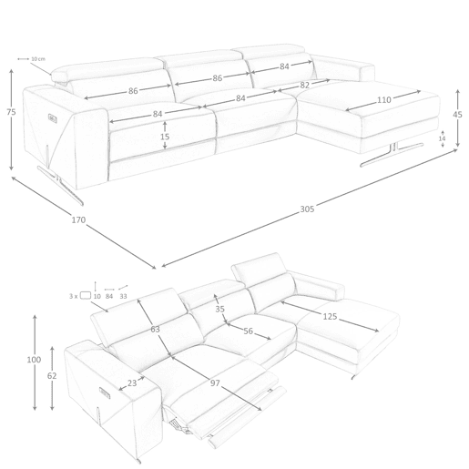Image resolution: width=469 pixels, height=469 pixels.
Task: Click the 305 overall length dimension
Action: click(x=307, y=209)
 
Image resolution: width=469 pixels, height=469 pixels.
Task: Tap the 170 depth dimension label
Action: click(x=78, y=219)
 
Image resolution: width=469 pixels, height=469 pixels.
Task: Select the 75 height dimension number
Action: click(x=11, y=112)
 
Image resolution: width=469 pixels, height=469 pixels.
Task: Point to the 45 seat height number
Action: click(x=457, y=115)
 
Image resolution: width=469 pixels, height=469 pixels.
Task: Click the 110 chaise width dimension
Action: click(x=384, y=99)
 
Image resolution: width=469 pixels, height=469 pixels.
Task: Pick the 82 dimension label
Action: click(x=304, y=86)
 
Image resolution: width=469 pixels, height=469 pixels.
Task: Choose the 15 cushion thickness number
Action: click(x=165, y=137)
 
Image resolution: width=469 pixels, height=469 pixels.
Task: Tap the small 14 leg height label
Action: click(x=442, y=138)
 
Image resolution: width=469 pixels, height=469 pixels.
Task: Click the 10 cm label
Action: click(x=38, y=59)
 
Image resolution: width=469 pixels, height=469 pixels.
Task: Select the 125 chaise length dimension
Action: click(x=330, y=317)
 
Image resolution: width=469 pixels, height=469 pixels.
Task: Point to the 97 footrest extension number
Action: click(x=215, y=383)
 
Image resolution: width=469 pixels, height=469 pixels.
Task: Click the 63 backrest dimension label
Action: click(x=155, y=329)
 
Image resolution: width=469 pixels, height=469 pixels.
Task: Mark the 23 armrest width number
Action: click(x=132, y=383)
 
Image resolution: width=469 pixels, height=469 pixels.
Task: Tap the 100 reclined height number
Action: click(x=34, y=360)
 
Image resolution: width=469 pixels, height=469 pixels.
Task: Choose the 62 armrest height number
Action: click(x=52, y=376)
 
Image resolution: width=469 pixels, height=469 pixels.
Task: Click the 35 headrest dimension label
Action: click(x=219, y=309)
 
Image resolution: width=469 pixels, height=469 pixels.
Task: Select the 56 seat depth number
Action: click(x=249, y=331)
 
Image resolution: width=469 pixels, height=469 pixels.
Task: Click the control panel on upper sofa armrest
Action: click(x=52, y=118)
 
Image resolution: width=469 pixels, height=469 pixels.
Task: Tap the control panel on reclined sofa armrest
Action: click(x=105, y=393)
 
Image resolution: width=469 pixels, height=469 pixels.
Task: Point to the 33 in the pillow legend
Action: click(x=123, y=296)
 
